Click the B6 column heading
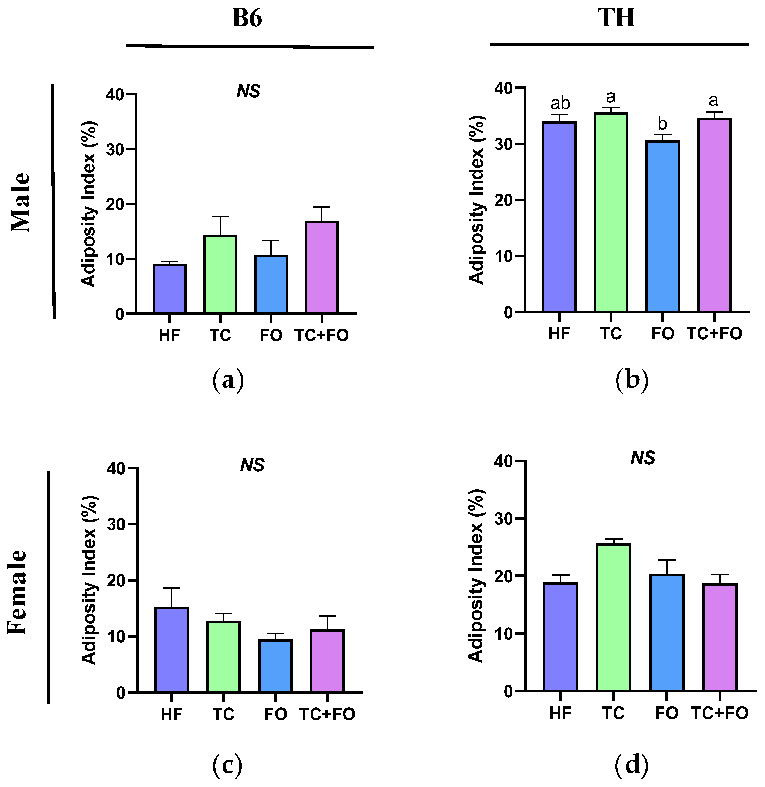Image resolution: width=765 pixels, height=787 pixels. [x=247, y=18]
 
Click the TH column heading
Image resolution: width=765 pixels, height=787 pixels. [x=616, y=18]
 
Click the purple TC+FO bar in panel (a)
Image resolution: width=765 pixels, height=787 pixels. [x=322, y=267]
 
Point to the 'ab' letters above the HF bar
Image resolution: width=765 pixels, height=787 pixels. [x=560, y=103]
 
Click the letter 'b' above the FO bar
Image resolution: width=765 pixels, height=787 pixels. [x=662, y=124]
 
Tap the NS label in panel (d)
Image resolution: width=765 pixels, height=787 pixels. [x=643, y=458]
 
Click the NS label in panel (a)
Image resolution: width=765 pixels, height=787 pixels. [x=248, y=91]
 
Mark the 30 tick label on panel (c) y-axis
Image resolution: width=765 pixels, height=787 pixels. [x=116, y=524]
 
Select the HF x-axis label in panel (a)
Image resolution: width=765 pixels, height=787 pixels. [x=169, y=335]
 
